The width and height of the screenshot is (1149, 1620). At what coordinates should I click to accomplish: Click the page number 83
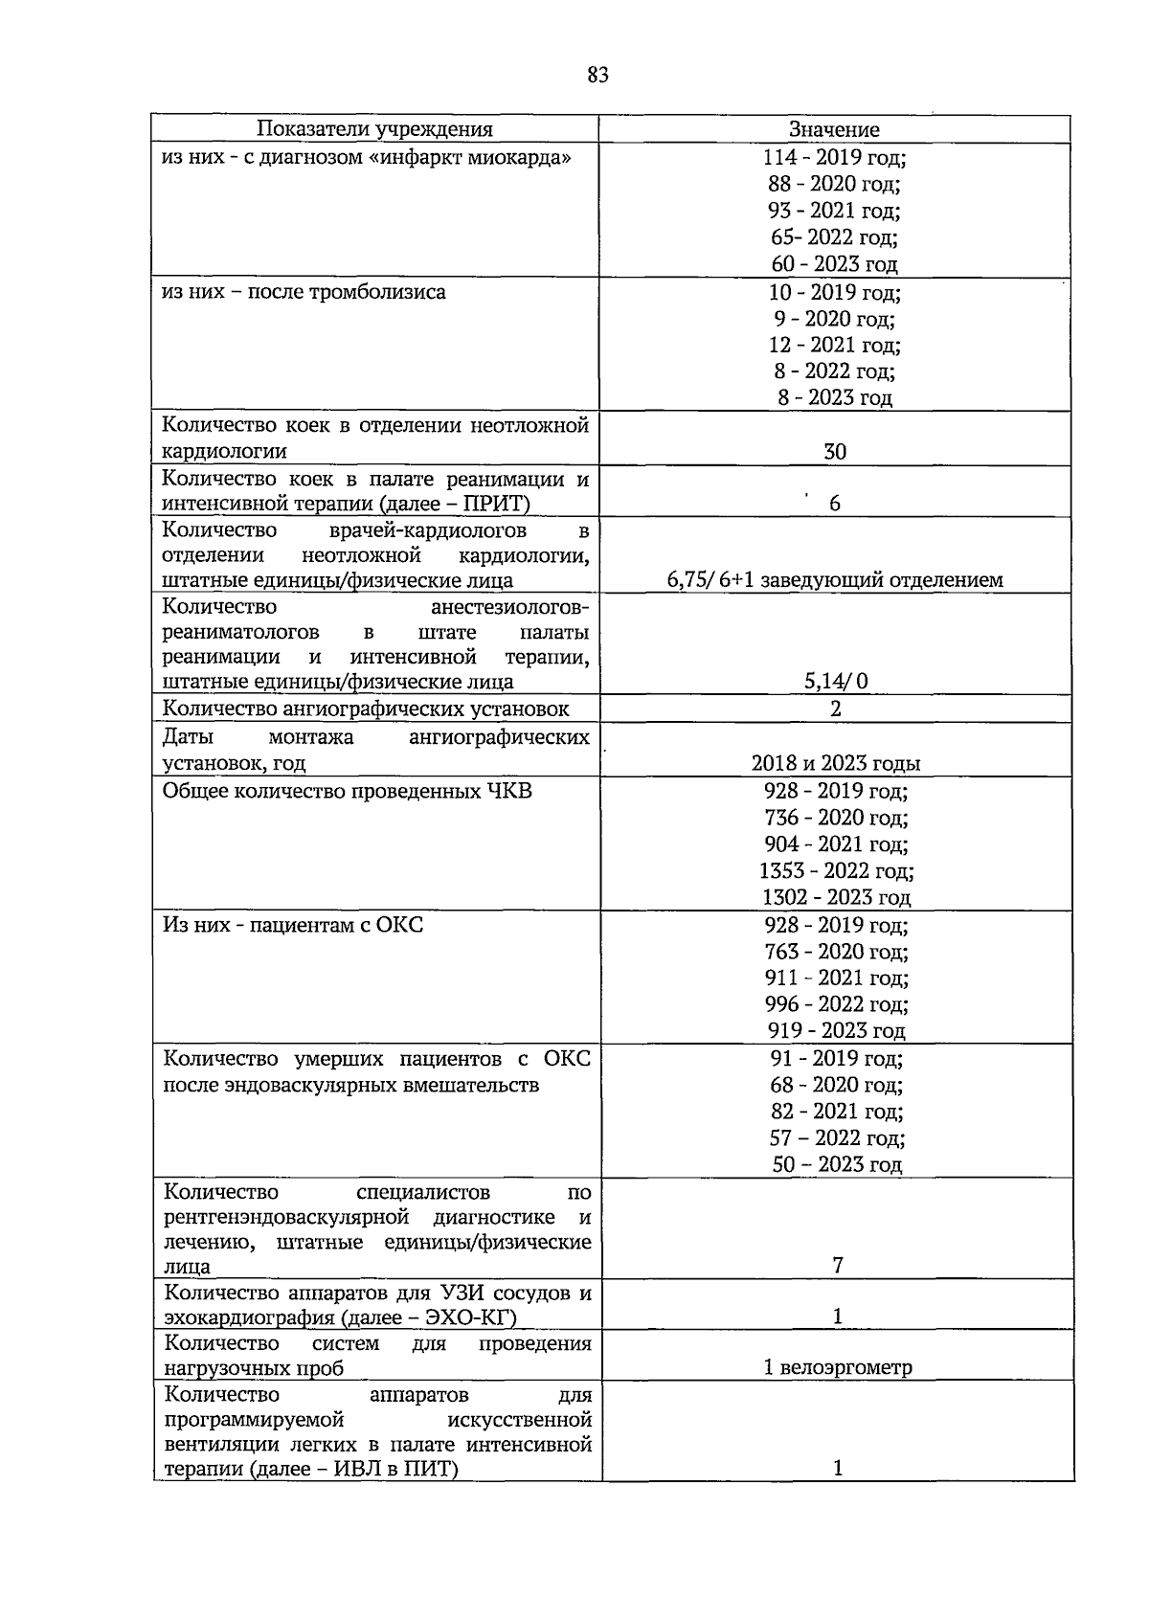[x=597, y=76]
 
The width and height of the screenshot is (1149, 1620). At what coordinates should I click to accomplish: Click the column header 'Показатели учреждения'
[x=374, y=129]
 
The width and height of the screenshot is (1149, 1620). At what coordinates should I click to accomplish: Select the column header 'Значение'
[x=834, y=129]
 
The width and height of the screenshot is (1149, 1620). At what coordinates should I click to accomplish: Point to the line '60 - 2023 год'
[x=834, y=264]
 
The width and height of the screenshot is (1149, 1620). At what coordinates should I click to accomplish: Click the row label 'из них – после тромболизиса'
[x=304, y=292]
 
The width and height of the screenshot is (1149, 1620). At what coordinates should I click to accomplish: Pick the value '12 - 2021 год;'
[x=834, y=345]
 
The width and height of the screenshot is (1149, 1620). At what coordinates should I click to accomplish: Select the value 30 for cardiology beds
[x=835, y=452]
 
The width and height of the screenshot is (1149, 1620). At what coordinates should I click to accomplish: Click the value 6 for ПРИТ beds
[x=835, y=504]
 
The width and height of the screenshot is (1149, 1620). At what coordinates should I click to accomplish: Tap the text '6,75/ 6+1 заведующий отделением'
[x=835, y=580]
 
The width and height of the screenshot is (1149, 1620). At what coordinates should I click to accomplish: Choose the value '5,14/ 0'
[x=836, y=682]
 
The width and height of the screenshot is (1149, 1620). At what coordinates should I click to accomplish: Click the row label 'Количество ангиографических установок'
[x=366, y=709]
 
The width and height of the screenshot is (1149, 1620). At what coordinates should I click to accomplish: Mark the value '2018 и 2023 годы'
[x=836, y=763]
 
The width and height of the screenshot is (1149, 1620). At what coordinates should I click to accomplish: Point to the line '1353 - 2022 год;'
[x=836, y=871]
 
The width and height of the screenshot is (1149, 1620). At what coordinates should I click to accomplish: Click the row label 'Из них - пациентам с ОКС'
[x=293, y=925]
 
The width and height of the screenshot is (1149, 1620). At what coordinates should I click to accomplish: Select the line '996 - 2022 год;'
[x=836, y=1004]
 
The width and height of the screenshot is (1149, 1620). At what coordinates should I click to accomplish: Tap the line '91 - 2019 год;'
[x=836, y=1059]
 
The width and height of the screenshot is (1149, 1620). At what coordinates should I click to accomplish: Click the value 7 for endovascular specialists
[x=838, y=1266]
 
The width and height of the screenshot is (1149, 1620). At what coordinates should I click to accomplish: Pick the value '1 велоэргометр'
[x=838, y=1367]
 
